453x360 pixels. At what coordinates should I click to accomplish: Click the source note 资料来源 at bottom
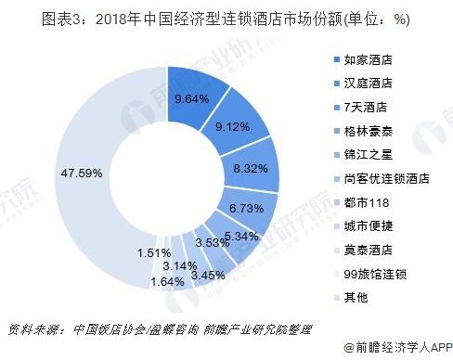[x=37, y=331]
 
